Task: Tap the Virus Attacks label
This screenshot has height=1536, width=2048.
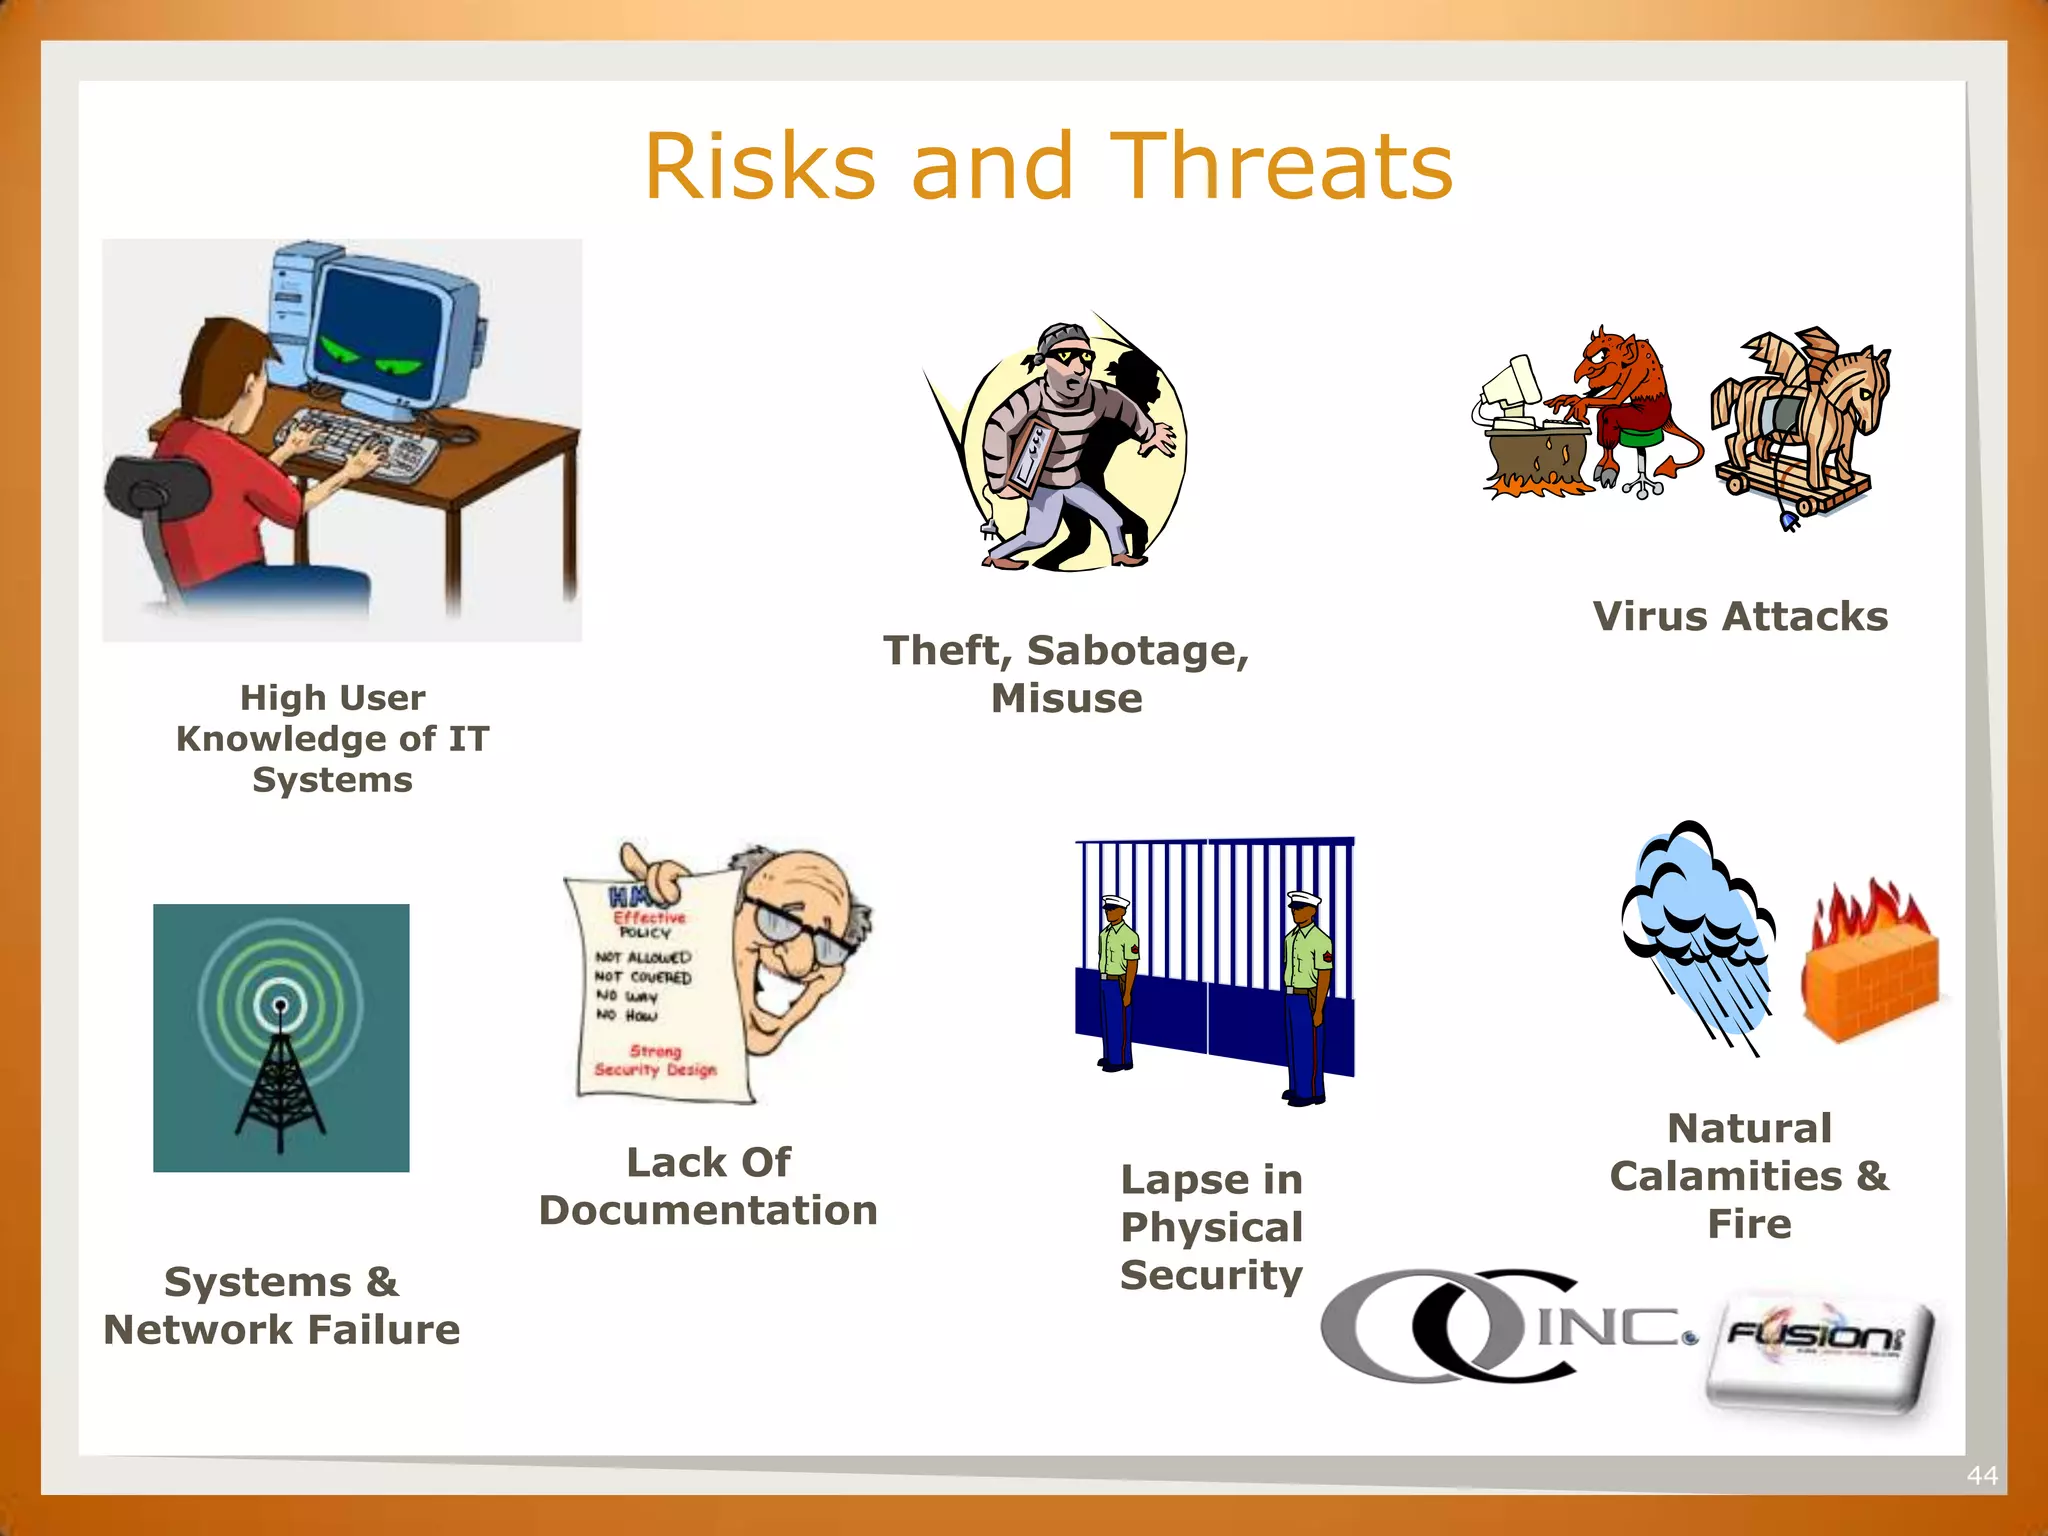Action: click(x=1740, y=616)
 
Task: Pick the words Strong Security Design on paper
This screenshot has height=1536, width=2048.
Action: click(x=655, y=1061)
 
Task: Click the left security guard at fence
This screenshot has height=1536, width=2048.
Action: click(x=1118, y=980)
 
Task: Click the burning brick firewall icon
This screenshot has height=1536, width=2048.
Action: click(x=1870, y=965)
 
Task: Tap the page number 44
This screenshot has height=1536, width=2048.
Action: click(x=1981, y=1475)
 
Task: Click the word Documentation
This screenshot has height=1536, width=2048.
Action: click(x=708, y=1211)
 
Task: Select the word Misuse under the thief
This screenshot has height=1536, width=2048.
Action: click(x=1066, y=698)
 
